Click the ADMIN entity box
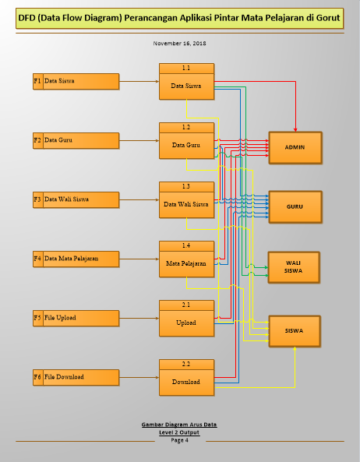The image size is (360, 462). click(295, 147)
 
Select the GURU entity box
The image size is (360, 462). click(295, 206)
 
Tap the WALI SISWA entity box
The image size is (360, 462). click(295, 266)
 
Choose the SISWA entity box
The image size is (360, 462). click(295, 330)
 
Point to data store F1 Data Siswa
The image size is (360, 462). click(76, 81)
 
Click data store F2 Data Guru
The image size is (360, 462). click(76, 141)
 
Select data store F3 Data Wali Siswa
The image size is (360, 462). click(76, 199)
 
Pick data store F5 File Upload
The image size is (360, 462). click(76, 318)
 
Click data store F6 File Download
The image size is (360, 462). click(76, 377)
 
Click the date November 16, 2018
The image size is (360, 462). click(179, 44)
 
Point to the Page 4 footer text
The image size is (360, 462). click(179, 440)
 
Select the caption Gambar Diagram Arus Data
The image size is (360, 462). click(179, 425)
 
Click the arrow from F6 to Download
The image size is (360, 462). click(139, 377)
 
